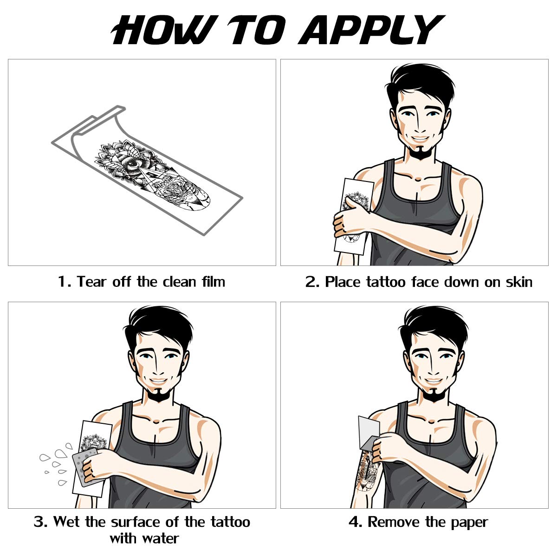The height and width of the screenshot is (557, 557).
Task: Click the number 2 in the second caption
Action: [x=311, y=282]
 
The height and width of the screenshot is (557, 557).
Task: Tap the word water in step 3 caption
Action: [x=160, y=538]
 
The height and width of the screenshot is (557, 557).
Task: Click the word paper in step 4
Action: [x=469, y=523]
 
